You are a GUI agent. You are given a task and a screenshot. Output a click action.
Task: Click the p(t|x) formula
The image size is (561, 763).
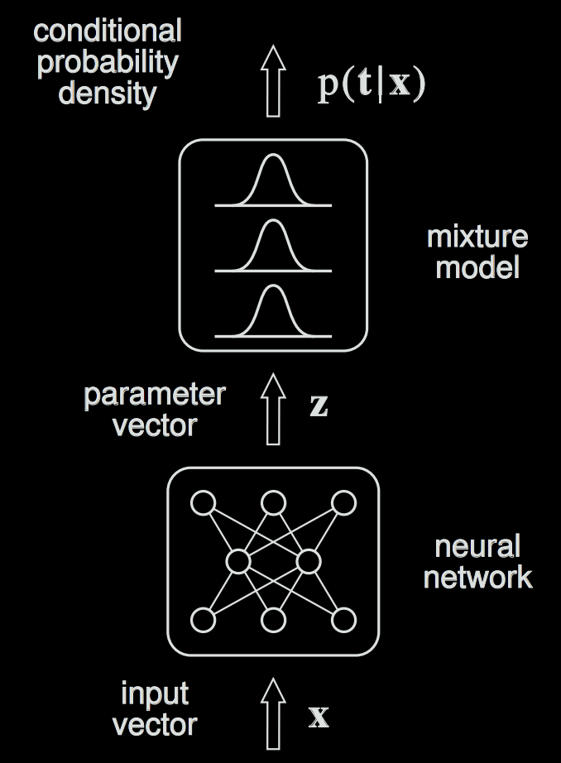[x=372, y=85]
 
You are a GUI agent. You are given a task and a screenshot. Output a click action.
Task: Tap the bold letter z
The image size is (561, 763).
[x=318, y=405]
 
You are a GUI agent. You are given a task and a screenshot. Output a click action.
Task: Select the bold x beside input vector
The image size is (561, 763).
[x=319, y=716]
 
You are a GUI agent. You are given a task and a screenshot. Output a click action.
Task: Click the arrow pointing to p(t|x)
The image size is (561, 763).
[x=273, y=81]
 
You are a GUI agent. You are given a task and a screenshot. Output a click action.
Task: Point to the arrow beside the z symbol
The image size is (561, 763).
[x=273, y=407]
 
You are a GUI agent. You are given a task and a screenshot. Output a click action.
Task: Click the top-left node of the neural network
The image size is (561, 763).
[x=203, y=502]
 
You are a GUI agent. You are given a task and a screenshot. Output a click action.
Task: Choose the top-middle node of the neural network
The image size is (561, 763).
[x=273, y=502]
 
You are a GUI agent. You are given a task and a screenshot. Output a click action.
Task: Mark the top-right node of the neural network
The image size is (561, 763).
[x=343, y=502]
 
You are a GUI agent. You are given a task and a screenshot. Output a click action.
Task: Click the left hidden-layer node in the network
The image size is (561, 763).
[x=238, y=562]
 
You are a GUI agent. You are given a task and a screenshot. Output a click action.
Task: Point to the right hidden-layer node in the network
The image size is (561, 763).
[x=308, y=562]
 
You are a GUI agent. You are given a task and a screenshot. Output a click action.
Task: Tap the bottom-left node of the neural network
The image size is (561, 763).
[x=203, y=620]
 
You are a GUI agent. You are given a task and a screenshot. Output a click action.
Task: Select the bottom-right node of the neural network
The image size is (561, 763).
[x=343, y=620]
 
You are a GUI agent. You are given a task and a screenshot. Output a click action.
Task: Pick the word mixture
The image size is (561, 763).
[x=477, y=238]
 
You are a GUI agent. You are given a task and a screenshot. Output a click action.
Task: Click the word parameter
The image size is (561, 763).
[x=154, y=395]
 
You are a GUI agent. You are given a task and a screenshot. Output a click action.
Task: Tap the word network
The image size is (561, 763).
[x=478, y=576]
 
